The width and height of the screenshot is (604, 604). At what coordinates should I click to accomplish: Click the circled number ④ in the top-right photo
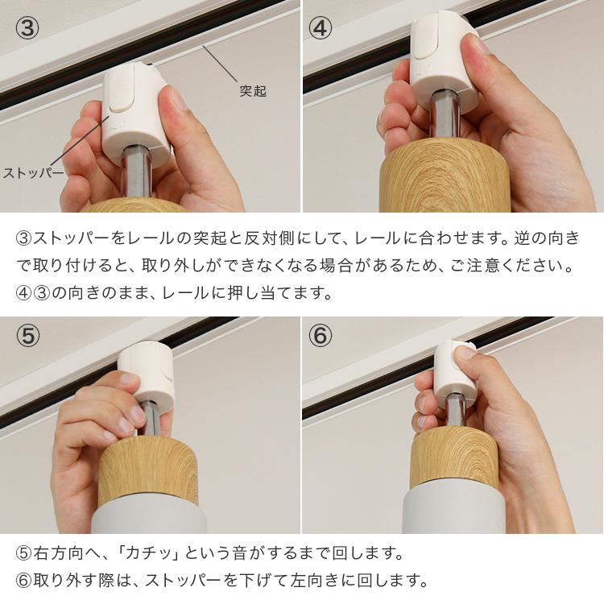[321, 27]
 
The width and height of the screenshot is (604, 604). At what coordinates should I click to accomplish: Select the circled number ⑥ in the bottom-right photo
[321, 336]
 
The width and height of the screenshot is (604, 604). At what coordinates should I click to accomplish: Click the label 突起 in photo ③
[252, 91]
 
